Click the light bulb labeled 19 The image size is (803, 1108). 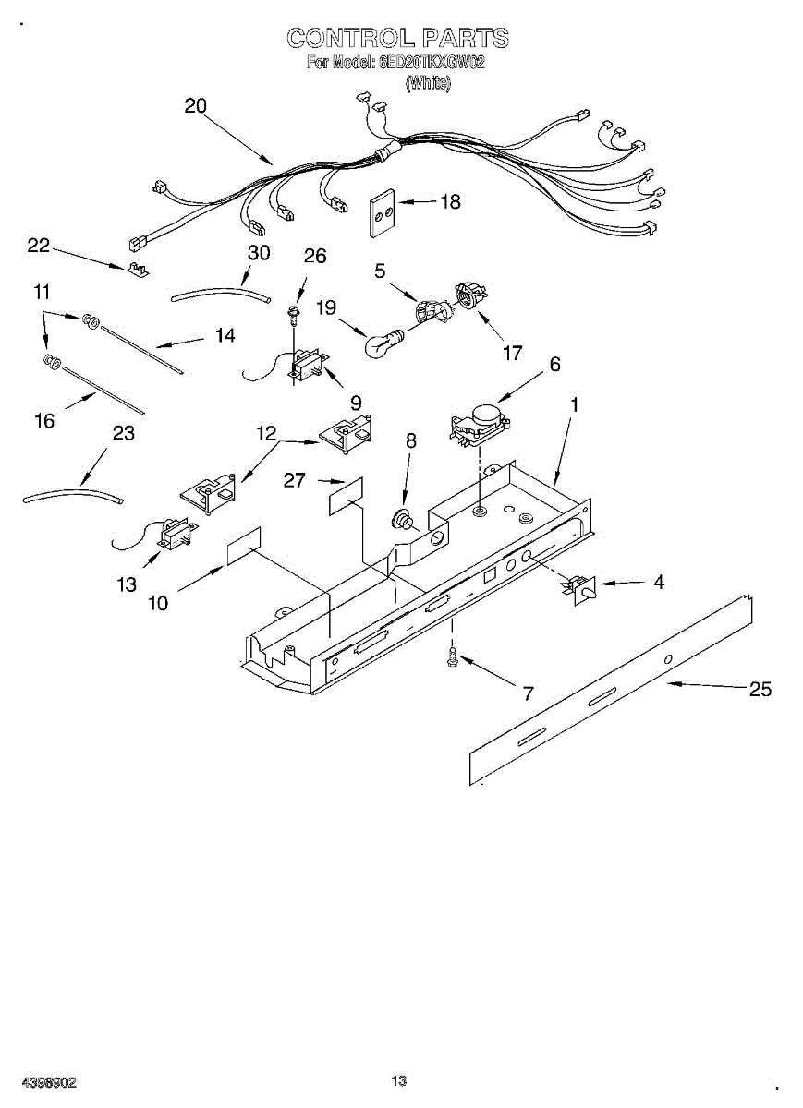point(382,344)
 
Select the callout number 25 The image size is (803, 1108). point(760,689)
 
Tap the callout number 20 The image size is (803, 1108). point(195,105)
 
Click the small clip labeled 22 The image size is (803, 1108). point(137,269)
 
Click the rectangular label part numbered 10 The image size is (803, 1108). point(244,547)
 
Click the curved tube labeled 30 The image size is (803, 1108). point(220,295)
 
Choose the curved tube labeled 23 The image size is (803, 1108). point(72,497)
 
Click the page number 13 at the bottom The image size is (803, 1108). point(399,1081)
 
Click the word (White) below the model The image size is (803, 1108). point(428,83)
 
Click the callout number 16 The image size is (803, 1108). point(44,420)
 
